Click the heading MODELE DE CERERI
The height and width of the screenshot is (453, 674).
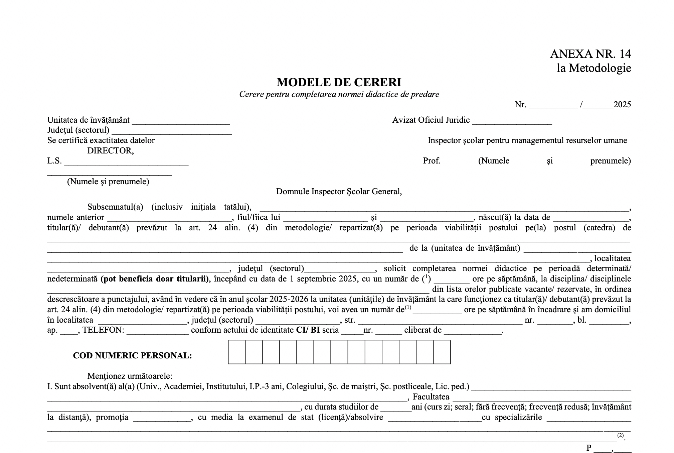tap(339, 82)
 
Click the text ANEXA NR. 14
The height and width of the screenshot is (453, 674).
tap(590, 54)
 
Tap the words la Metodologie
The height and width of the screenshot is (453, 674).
tap(594, 68)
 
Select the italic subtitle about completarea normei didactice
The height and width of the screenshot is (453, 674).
tap(339, 94)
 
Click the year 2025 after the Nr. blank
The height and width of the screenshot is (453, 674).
tap(622, 105)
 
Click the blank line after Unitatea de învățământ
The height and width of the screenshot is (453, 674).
tap(181, 121)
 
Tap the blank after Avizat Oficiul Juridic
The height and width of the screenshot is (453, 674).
tap(512, 121)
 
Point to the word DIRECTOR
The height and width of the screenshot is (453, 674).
tap(111, 151)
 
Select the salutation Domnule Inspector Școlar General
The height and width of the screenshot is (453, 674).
tap(339, 192)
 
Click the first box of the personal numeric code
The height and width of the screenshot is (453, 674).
tap(237, 352)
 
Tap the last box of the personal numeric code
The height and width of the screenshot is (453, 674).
tap(442, 352)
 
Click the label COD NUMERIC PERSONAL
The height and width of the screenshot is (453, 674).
tap(132, 356)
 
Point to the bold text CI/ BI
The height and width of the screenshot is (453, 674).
tap(308, 330)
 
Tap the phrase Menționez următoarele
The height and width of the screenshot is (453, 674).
tap(130, 376)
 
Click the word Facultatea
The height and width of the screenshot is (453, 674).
tap(431, 397)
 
